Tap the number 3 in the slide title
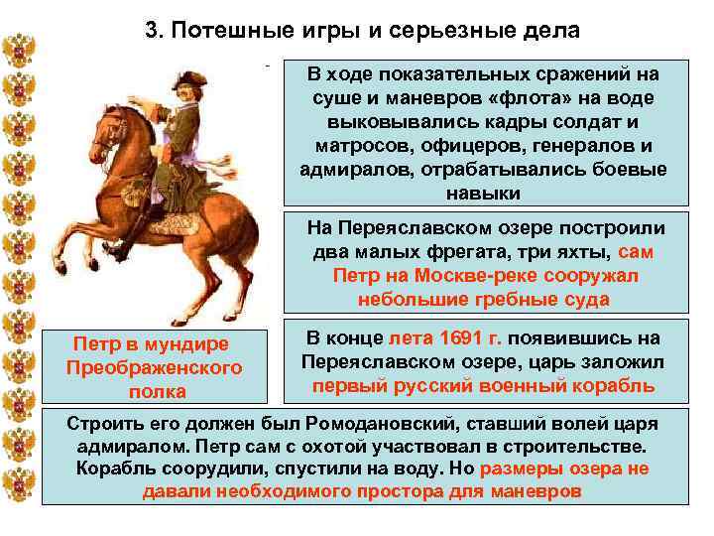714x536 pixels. (x=152, y=29)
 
